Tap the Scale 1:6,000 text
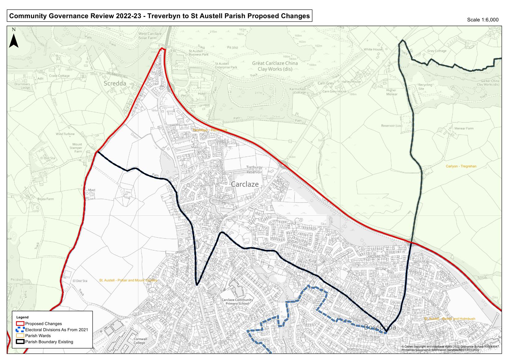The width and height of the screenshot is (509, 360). (x=483, y=20)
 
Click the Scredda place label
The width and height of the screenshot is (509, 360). (x=115, y=84)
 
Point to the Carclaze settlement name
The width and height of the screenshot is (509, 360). (x=244, y=184)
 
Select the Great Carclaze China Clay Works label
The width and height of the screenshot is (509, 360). (x=275, y=66)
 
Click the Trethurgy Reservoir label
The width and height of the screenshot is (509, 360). (x=254, y=170)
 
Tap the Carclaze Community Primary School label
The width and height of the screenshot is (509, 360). (x=237, y=301)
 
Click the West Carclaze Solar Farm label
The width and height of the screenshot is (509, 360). (x=150, y=35)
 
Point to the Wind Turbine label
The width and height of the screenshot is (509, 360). (x=65, y=134)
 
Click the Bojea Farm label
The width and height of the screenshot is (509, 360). (x=46, y=199)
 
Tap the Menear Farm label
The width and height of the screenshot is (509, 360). (x=464, y=129)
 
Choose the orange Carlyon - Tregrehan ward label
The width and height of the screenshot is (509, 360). (x=461, y=166)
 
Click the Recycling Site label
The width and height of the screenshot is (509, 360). (x=425, y=87)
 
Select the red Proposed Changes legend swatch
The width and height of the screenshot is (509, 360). (x=20, y=324)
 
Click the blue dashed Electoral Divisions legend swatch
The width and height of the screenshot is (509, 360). (x=20, y=329)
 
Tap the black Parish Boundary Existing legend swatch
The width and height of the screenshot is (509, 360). (x=20, y=342)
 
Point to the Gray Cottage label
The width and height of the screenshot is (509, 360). (x=437, y=51)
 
